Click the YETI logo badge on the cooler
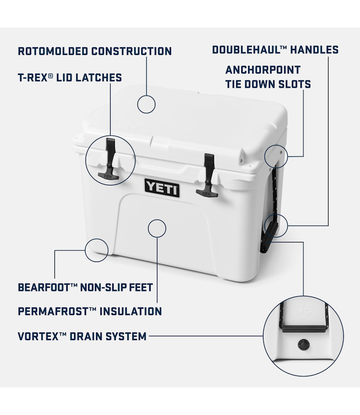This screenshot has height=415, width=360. (x=162, y=188)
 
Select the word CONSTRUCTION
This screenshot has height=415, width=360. (x=138, y=51)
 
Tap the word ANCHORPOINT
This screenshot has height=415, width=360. (x=263, y=70)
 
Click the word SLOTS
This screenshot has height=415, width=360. (x=294, y=85)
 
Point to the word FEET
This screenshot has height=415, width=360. (x=140, y=288)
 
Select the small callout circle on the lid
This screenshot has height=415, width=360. (x=146, y=103)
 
